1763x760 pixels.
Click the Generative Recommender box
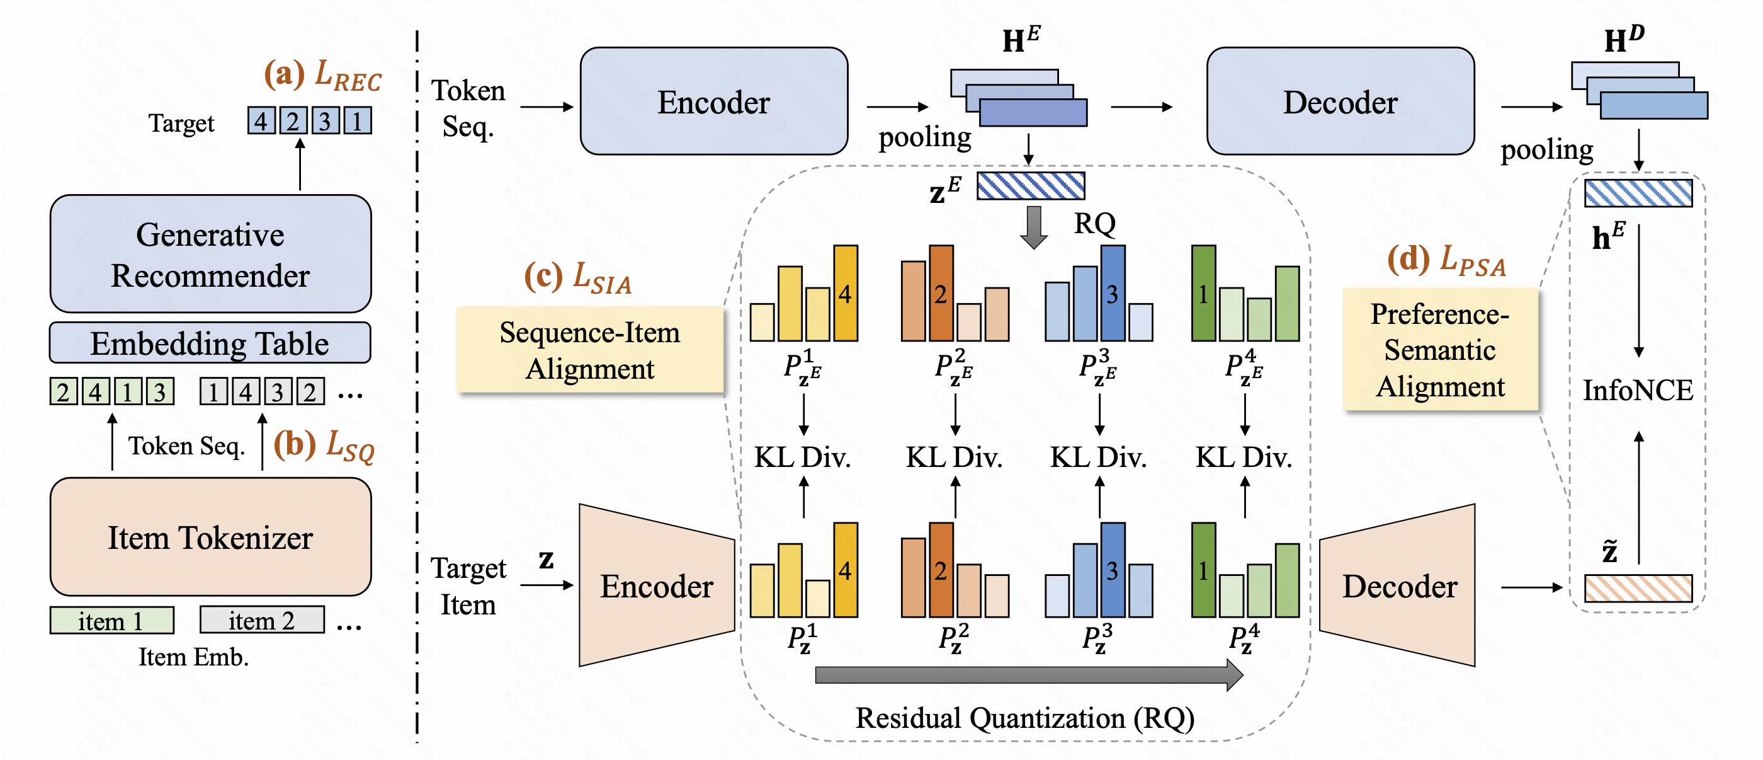210,254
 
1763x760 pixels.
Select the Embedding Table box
210,343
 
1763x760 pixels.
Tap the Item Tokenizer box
210,537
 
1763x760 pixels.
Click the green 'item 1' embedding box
111,620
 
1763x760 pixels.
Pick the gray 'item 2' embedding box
261,620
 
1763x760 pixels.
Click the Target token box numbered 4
261,121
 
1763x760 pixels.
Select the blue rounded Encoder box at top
713,101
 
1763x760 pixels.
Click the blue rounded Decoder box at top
1339,101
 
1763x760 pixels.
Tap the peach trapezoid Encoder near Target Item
655,585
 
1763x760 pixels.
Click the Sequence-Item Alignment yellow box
589,350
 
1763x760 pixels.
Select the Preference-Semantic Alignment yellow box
1440,350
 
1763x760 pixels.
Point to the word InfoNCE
1638,390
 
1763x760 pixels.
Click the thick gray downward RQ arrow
1033,226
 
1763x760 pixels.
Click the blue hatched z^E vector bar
1030,185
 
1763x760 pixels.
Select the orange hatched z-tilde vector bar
1638,588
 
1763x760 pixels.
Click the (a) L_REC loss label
322,76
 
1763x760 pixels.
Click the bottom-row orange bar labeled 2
941,570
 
